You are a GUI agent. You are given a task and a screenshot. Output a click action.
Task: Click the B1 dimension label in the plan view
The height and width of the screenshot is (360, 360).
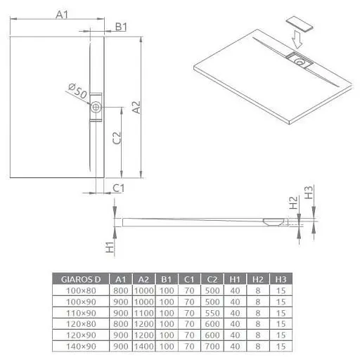point(120,27)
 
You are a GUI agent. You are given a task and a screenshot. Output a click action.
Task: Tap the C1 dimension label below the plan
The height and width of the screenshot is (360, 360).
point(119,188)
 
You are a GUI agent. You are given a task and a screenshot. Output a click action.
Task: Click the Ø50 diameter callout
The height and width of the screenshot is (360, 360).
point(77,90)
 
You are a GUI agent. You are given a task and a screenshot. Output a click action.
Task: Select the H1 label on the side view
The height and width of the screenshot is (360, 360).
point(110,247)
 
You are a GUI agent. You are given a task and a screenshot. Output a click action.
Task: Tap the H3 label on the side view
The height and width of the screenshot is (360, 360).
point(308,192)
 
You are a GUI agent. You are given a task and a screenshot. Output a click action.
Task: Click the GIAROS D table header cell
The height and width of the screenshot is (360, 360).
point(83,279)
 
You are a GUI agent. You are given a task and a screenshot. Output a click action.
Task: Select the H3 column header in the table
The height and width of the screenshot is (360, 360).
point(281,279)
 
